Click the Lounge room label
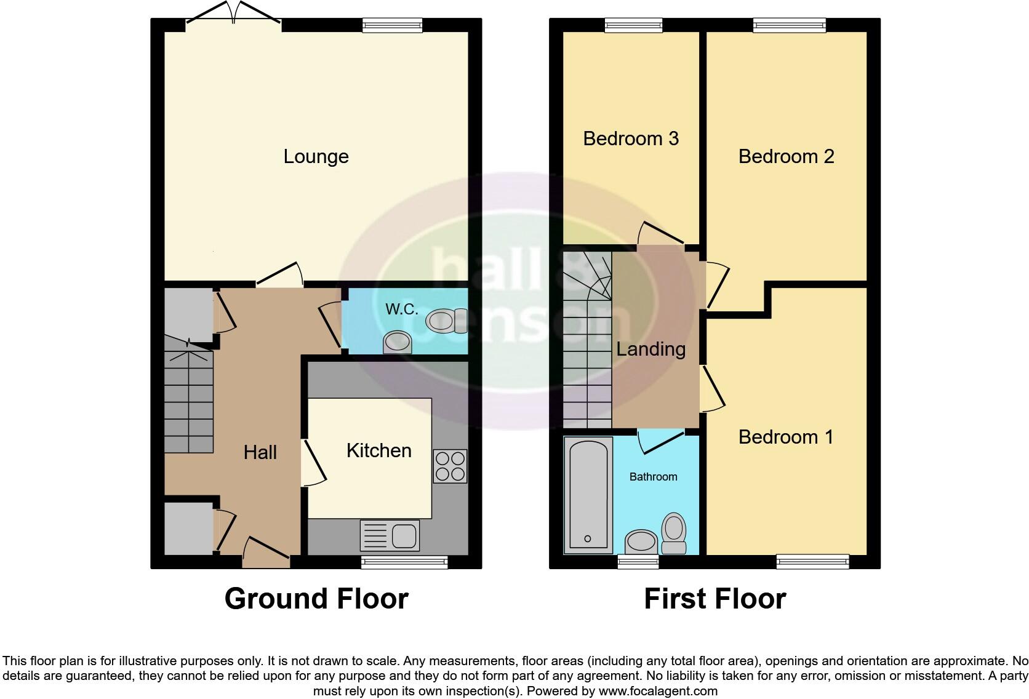pyautogui.click(x=316, y=156)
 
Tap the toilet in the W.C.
pyautogui.click(x=446, y=321)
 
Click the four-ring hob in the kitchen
pyautogui.click(x=450, y=466)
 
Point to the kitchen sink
pyautogui.click(x=390, y=535)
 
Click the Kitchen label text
pyautogui.click(x=378, y=450)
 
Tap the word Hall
pyautogui.click(x=260, y=452)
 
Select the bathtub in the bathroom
pyautogui.click(x=588, y=493)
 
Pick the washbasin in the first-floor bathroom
pyautogui.click(x=641, y=542)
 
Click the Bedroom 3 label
pyautogui.click(x=631, y=138)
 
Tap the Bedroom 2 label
pyautogui.click(x=786, y=156)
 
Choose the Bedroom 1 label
pyautogui.click(x=786, y=437)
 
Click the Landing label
pyautogui.click(x=651, y=349)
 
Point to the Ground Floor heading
pyautogui.click(x=316, y=598)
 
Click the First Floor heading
pyautogui.click(x=715, y=598)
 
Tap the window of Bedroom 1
pyautogui.click(x=812, y=561)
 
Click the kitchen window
pyautogui.click(x=404, y=561)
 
